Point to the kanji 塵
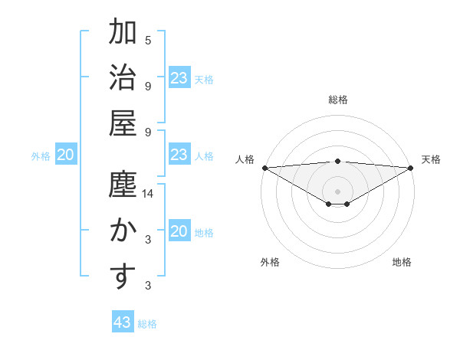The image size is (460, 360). pyautogui.click(x=123, y=186)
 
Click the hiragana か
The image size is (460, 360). pyautogui.click(x=123, y=231)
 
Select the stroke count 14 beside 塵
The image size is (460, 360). pyautogui.click(x=148, y=195)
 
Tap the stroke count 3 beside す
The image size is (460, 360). pyautogui.click(x=148, y=285)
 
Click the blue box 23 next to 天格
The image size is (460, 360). pyautogui.click(x=179, y=78)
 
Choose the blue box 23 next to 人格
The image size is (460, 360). pyautogui.click(x=179, y=155)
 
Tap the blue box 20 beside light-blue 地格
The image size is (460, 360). pyautogui.click(x=179, y=232)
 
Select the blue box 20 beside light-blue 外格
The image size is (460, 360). pyautogui.click(x=66, y=155)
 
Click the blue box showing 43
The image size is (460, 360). pyautogui.click(x=123, y=322)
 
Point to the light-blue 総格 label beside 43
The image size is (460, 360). pyautogui.click(x=147, y=324)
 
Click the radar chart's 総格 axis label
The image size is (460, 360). pyautogui.click(x=338, y=100)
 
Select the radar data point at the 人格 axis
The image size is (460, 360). pyautogui.click(x=264, y=168)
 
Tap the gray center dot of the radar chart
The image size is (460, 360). pyautogui.click(x=338, y=191)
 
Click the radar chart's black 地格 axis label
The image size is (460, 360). pyautogui.click(x=402, y=262)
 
